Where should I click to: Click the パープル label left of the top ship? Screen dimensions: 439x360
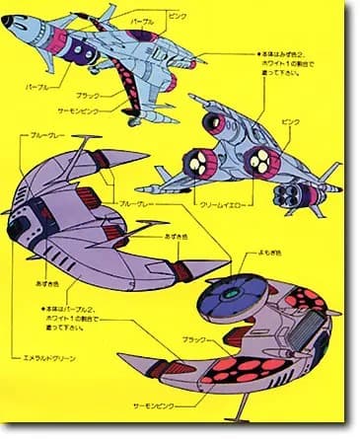point(38,87)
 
